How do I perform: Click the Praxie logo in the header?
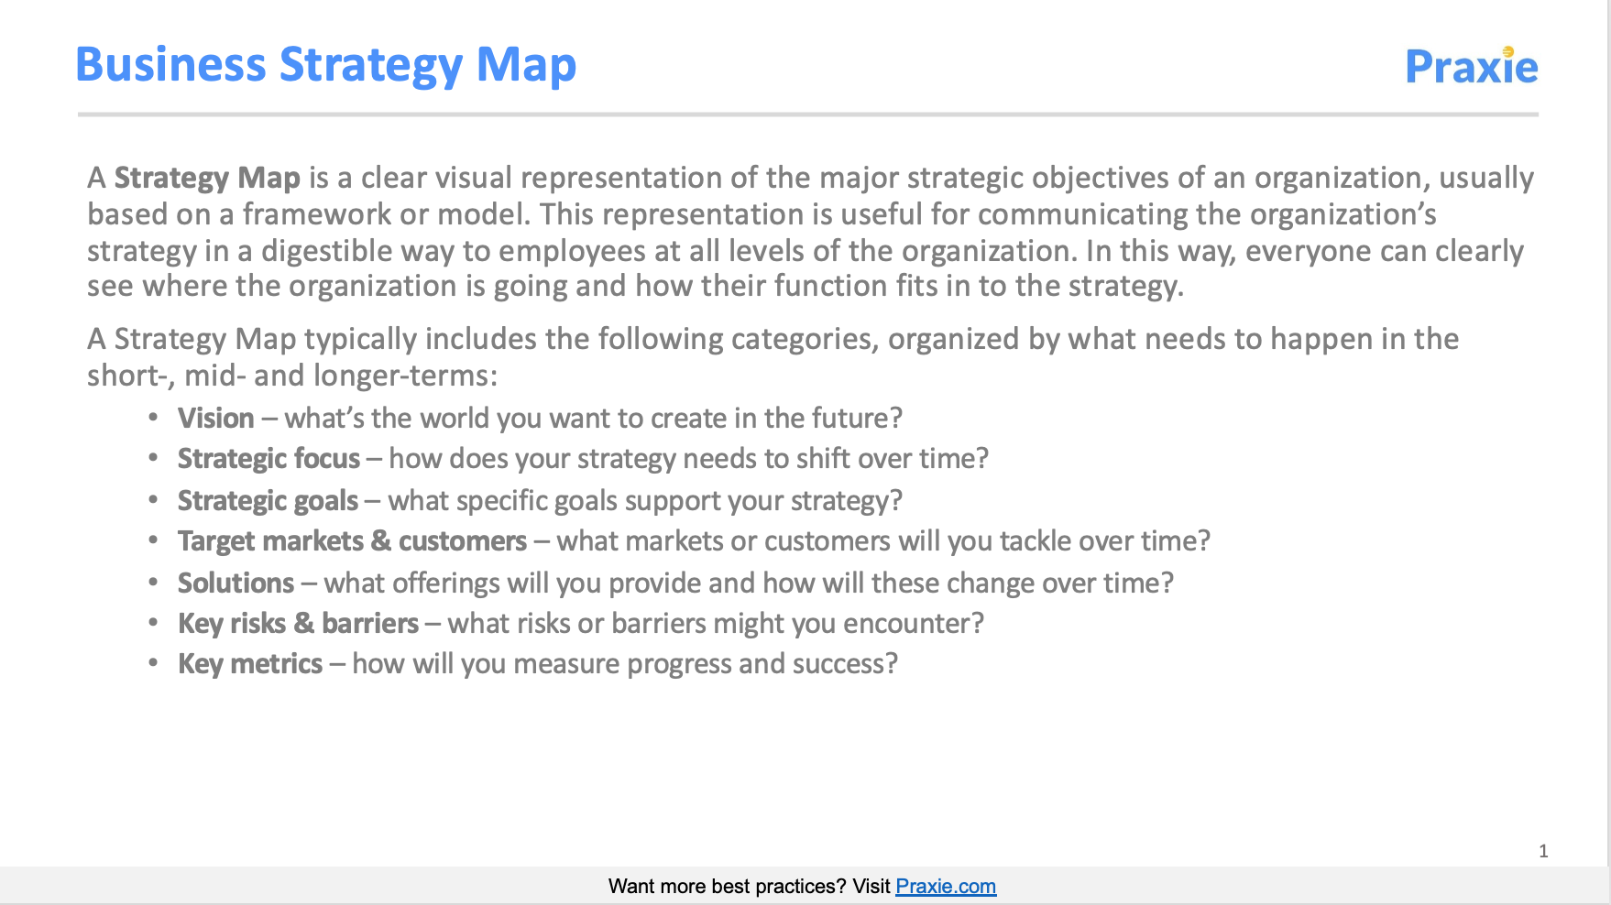click(1472, 66)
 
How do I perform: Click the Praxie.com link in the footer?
click(946, 887)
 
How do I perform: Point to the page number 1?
click(1544, 851)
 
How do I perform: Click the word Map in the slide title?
click(526, 66)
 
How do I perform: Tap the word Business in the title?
click(170, 65)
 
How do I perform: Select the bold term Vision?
click(216, 419)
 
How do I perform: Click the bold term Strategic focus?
click(269, 459)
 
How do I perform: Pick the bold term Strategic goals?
click(268, 501)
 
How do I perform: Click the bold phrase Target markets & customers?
click(353, 541)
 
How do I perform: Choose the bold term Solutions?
click(236, 583)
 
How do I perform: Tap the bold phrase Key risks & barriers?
click(299, 624)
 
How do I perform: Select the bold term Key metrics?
click(250, 664)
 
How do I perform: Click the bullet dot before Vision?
click(153, 418)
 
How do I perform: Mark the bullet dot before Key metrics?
click(153, 663)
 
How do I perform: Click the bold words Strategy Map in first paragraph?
click(207, 178)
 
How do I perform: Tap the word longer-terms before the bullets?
click(405, 376)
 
